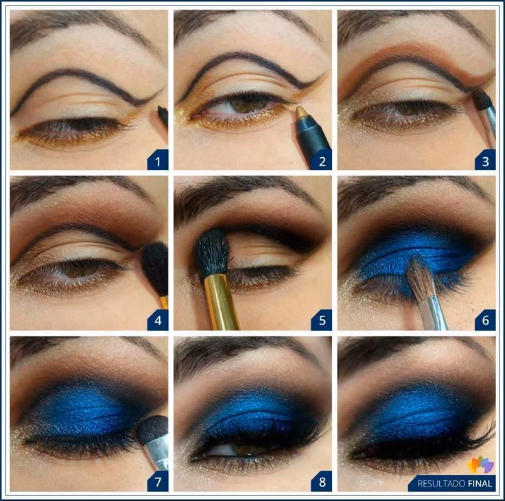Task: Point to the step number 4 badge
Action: point(157,320)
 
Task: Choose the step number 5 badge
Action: point(321,320)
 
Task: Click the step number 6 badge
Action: point(484,320)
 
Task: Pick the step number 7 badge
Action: point(157,482)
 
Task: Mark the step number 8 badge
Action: point(321,482)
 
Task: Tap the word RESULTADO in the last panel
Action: point(439,484)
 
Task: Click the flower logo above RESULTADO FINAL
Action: point(480,465)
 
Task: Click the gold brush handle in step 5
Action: point(222,302)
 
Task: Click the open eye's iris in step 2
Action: point(248,104)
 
